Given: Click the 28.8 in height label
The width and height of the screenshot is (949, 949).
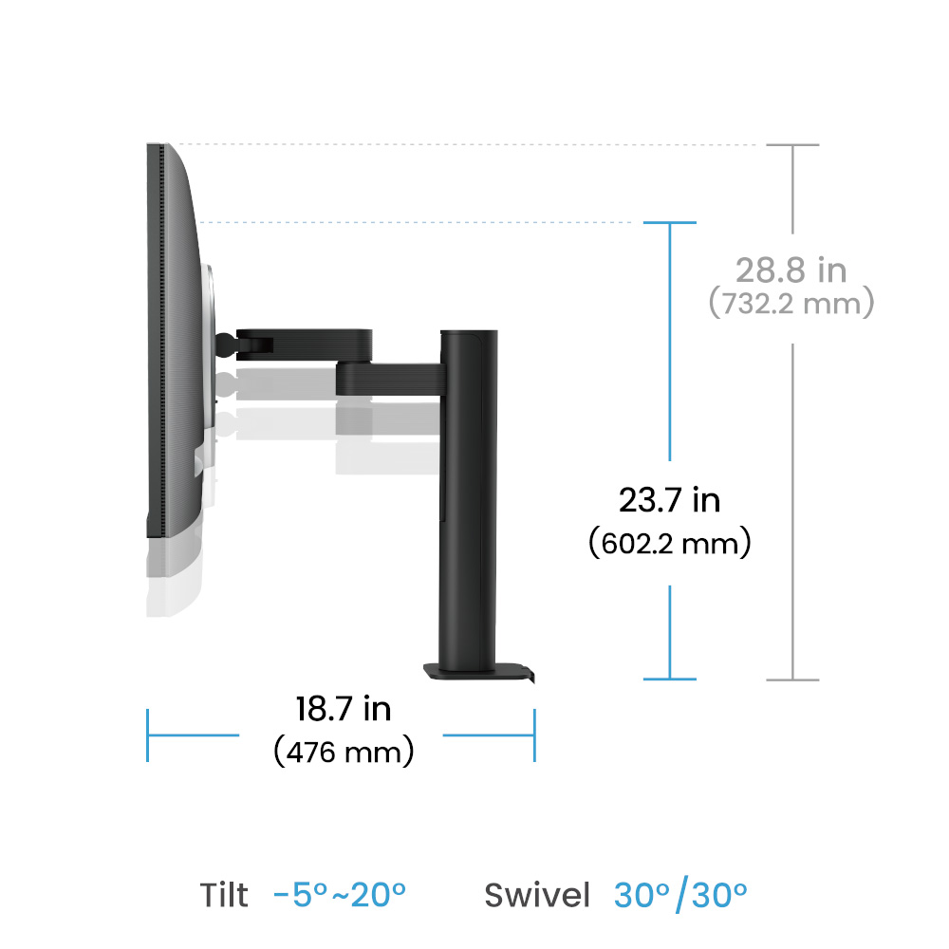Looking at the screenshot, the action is click(x=791, y=270).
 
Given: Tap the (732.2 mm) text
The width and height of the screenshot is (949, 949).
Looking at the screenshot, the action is click(x=791, y=303).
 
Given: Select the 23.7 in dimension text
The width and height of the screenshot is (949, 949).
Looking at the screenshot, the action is click(x=669, y=500).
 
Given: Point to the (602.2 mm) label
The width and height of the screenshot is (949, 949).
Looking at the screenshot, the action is click(x=669, y=543).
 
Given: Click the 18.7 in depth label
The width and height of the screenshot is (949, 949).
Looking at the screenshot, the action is click(x=344, y=709).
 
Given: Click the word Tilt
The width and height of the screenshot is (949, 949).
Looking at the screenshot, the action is click(x=224, y=895).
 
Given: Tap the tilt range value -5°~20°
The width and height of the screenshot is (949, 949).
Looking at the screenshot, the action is click(x=340, y=895).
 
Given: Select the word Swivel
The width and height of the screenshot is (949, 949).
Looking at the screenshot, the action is click(x=537, y=895).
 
